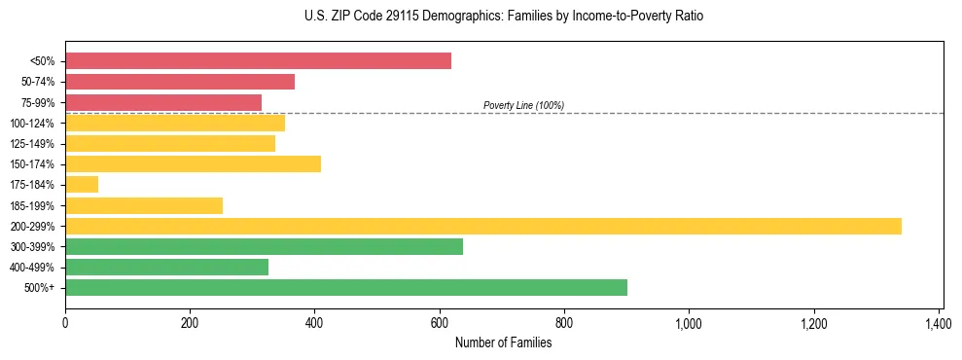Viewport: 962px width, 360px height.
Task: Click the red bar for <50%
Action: (x=258, y=61)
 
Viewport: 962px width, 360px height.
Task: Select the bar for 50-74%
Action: (x=180, y=82)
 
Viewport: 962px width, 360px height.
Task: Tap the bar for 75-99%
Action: (x=163, y=102)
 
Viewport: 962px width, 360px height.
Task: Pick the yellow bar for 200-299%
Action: (x=483, y=226)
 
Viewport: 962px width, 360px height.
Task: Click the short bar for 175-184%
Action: (x=82, y=185)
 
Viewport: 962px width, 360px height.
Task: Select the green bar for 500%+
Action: (x=346, y=287)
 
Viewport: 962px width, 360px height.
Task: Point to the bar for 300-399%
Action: (x=264, y=246)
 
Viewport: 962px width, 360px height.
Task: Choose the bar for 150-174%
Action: (x=193, y=163)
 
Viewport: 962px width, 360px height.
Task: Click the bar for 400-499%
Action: (x=166, y=267)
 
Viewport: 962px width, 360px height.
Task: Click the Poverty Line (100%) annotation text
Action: (x=523, y=105)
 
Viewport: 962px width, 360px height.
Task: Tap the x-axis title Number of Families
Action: (x=503, y=342)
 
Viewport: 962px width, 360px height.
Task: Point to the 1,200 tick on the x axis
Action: (x=813, y=322)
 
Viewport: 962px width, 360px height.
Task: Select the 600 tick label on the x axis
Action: (x=440, y=322)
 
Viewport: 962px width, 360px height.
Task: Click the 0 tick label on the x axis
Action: (x=65, y=322)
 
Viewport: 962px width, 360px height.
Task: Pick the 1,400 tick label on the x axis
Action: (x=938, y=322)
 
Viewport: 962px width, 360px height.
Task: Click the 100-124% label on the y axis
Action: (x=32, y=124)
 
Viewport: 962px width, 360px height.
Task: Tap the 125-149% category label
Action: (x=32, y=144)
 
